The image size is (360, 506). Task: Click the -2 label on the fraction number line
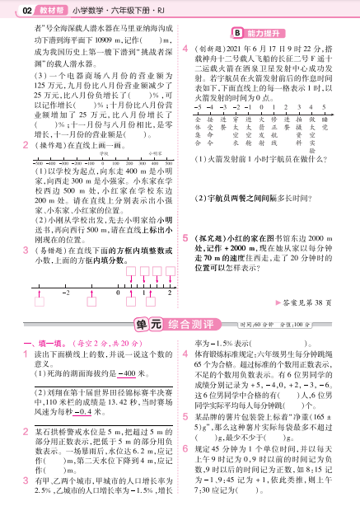(64, 293)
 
